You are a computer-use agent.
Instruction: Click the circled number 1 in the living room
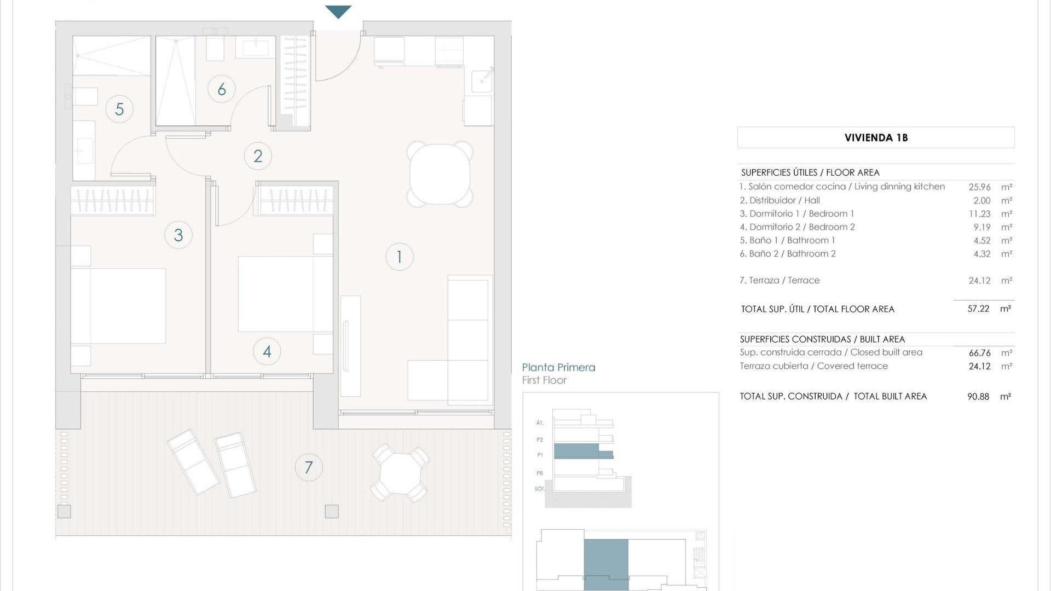399,257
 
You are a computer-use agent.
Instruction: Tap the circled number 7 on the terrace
309,467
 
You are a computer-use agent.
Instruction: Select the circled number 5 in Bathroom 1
119,109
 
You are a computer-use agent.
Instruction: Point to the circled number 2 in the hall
258,156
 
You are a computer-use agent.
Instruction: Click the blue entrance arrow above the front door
338,11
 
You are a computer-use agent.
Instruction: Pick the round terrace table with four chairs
400,473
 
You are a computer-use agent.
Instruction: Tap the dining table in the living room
440,174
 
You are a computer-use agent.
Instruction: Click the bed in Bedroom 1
119,305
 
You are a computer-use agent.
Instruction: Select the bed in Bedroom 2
285,294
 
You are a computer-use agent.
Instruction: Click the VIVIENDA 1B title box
876,137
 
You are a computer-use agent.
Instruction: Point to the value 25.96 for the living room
979,187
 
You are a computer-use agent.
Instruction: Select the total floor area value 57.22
978,309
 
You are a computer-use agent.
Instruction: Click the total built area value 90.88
978,397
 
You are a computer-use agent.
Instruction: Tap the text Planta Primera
558,368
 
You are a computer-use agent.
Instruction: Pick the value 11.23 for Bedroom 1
979,214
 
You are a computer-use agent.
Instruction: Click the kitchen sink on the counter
482,80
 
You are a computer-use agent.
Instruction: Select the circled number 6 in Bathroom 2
222,89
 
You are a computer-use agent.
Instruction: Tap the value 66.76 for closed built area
979,353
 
